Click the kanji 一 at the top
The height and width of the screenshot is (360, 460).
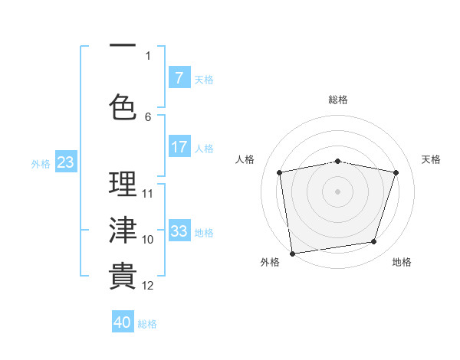123,46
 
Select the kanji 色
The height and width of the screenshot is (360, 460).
123,106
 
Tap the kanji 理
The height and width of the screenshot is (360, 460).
123,184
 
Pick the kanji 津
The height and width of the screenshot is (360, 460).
123,230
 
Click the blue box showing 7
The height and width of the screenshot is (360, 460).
179,78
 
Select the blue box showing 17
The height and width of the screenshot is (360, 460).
179,147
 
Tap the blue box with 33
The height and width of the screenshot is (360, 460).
179,231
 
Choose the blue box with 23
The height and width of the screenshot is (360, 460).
65,162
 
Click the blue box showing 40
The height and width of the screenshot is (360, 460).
123,322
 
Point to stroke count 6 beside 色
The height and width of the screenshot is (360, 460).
148,116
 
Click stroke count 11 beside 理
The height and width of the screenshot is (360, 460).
148,193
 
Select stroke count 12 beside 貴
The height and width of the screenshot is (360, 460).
148,286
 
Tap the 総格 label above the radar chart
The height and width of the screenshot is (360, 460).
337,100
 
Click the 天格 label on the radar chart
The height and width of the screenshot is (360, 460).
432,159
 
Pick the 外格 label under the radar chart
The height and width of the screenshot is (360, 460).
270,262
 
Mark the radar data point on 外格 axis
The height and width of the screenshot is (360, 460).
292,253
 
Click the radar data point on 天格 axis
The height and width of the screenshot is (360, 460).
396,172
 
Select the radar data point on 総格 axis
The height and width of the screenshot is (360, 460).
337,161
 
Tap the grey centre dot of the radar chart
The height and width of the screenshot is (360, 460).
337,191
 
